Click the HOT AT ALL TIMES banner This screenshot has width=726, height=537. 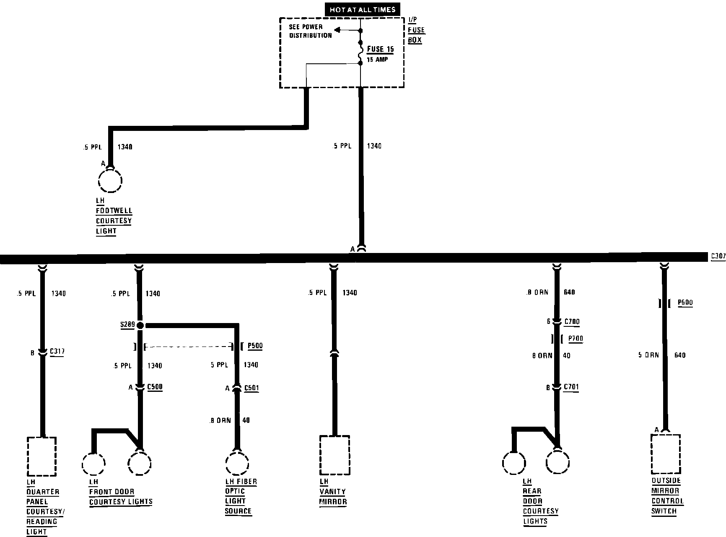[362, 10]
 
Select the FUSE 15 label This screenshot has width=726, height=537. [380, 49]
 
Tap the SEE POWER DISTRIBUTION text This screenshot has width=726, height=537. [310, 31]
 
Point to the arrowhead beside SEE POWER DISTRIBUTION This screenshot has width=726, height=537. [337, 30]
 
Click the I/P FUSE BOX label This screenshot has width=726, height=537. [416, 30]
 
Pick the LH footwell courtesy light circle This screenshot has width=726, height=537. [110, 181]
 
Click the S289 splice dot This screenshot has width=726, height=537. [140, 325]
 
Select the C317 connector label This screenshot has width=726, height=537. [57, 352]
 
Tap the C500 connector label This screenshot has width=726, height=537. [155, 387]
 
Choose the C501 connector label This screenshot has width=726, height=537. [251, 388]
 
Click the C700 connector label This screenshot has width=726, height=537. [572, 322]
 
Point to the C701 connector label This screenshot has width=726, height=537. [571, 387]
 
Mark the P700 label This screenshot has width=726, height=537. [575, 339]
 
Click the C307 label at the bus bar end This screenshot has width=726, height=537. [718, 255]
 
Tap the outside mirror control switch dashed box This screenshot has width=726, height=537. [665, 454]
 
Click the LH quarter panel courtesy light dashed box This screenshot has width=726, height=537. [41, 456]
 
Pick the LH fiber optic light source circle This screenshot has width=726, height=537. [237, 464]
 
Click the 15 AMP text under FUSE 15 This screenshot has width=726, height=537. [377, 60]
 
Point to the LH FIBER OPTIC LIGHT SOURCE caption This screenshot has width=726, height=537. [240, 496]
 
